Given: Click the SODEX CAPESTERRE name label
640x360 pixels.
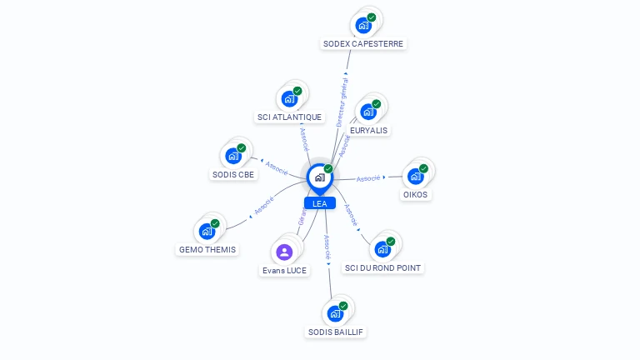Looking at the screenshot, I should [x=364, y=43].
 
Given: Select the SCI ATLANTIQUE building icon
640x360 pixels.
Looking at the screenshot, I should [x=289, y=99].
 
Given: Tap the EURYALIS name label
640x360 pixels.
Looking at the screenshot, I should [x=368, y=130].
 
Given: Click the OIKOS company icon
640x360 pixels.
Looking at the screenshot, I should [x=415, y=177].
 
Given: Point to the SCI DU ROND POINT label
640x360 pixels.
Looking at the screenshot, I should [x=383, y=267].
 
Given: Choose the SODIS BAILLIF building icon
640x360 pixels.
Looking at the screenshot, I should [x=335, y=313].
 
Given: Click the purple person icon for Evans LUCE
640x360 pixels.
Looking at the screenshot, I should [x=284, y=252].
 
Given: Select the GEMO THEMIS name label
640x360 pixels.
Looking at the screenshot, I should [x=207, y=249].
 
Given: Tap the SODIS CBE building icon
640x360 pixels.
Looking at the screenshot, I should [x=233, y=156].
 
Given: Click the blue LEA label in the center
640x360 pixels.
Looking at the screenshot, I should [x=319, y=203].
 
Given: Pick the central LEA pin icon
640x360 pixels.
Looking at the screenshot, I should [x=319, y=177].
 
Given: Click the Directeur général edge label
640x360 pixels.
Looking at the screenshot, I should [x=342, y=102].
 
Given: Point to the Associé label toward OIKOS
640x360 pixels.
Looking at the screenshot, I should [x=368, y=178].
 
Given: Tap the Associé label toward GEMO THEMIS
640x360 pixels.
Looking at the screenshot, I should [x=264, y=205].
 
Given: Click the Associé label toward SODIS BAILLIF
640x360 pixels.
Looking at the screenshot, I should [x=327, y=248].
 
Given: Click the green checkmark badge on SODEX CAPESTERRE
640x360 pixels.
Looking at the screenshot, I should [x=372, y=17].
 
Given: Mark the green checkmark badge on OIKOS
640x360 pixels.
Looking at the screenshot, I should [x=423, y=168].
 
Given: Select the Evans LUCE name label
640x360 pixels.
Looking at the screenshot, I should [x=284, y=270].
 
